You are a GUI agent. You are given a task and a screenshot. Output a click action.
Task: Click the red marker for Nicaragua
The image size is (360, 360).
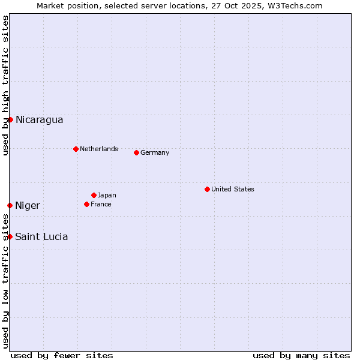click(x=10, y=119)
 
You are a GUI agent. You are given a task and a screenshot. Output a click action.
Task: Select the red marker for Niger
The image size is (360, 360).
click(x=10, y=205)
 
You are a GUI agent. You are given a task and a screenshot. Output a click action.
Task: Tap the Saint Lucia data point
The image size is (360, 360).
click(x=10, y=236)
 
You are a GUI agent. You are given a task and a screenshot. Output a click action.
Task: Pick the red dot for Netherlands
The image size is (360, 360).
click(x=76, y=149)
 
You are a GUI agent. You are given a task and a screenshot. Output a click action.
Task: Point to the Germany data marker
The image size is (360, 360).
click(x=136, y=152)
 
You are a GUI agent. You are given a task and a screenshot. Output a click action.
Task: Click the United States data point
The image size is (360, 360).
click(x=207, y=189)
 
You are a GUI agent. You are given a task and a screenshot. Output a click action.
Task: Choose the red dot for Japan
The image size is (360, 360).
click(x=94, y=195)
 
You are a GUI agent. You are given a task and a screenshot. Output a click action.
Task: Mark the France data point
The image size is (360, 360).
click(x=86, y=204)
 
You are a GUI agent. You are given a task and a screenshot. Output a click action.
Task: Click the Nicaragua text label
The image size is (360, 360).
click(x=39, y=120)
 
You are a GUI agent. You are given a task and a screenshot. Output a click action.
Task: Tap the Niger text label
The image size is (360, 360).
click(x=28, y=206)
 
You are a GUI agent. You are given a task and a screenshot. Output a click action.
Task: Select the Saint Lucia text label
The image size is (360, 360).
click(x=41, y=237)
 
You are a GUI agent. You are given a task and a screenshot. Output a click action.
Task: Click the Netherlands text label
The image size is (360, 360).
click(x=99, y=149)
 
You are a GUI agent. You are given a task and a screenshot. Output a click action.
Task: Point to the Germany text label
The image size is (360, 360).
click(x=155, y=152)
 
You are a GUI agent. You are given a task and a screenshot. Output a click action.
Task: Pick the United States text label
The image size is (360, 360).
click(x=233, y=189)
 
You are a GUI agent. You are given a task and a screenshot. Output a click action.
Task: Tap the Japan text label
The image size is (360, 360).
click(x=107, y=195)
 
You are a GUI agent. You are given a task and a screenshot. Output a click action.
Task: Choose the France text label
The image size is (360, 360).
click(x=101, y=204)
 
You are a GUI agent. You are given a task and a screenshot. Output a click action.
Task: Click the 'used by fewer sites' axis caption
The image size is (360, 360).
click(x=62, y=355)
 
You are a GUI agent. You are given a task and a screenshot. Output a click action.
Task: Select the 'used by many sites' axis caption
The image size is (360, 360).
click(x=301, y=355)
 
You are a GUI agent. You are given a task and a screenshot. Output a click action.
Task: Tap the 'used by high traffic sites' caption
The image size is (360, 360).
click(x=5, y=85)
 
